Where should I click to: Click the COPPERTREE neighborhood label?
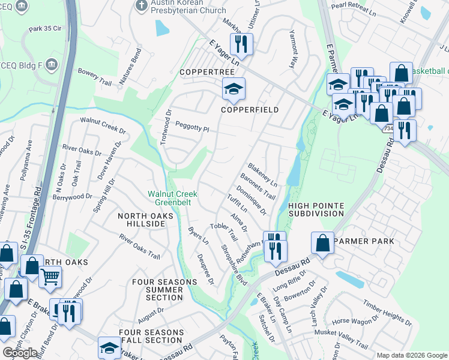(202, 72)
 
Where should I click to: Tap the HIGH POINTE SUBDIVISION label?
(316, 209)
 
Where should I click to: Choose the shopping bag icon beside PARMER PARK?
(322, 243)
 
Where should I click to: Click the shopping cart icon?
(50, 277)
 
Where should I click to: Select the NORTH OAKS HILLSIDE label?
(141, 220)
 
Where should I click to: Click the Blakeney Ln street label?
(263, 175)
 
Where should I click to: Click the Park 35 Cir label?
(45, 29)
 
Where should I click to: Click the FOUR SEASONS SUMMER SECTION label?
(157, 289)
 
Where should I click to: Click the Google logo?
(20, 353)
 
